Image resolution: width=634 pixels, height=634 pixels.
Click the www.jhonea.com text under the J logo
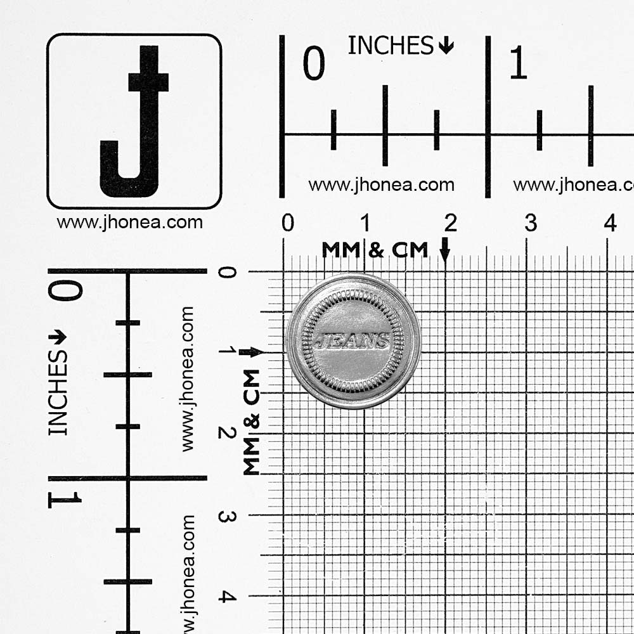coord(130,223)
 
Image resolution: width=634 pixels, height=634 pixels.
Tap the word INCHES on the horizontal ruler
coord(391,45)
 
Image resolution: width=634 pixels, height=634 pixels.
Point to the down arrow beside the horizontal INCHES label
coord(446,45)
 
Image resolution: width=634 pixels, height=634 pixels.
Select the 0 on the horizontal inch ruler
coord(314,63)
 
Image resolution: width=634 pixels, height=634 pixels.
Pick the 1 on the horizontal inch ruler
coord(519,62)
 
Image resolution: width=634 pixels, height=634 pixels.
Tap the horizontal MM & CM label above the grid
coord(375,250)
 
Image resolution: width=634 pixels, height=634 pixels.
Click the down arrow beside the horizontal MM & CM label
coord(445,249)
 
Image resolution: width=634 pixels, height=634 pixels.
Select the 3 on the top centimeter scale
coord(531,223)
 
